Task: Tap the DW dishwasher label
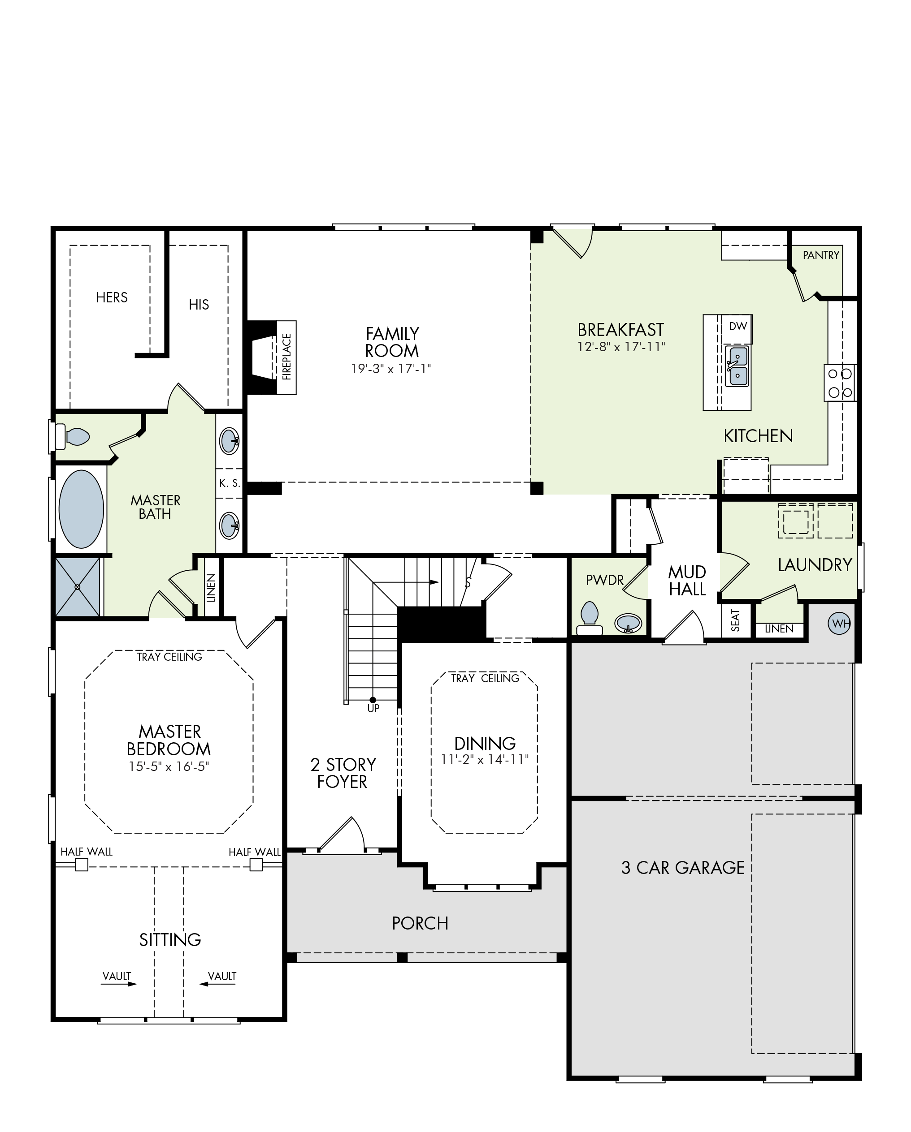point(737,326)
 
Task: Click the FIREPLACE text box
point(286,357)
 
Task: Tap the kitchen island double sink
point(737,366)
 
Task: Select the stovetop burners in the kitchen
point(840,383)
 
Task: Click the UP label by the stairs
point(373,708)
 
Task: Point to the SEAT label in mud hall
point(735,620)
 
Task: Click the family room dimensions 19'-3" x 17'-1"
point(391,369)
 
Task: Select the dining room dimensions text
point(484,759)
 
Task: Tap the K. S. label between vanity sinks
point(230,483)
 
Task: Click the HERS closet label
point(112,298)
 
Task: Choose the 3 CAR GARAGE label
point(682,868)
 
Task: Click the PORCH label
point(420,924)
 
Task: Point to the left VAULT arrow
point(119,984)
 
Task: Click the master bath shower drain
point(78,587)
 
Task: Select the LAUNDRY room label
point(815,565)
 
